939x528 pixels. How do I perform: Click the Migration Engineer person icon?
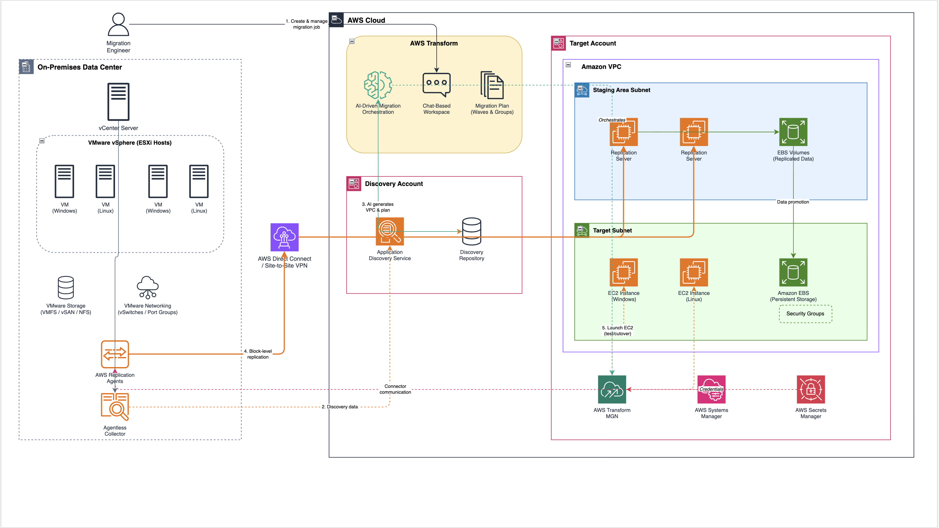119,24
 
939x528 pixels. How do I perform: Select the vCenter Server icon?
119,102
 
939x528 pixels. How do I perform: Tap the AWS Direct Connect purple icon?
284,237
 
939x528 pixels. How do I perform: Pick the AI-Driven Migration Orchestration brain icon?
378,85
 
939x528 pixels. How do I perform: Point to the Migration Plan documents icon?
492,85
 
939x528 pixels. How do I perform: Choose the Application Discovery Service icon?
390,231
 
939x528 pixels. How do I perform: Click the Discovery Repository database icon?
472,231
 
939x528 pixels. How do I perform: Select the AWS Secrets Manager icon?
811,389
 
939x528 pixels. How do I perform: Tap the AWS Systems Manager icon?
711,389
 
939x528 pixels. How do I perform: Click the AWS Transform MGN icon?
612,389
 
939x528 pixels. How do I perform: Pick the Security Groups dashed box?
805,314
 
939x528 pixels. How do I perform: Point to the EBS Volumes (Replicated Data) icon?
793,132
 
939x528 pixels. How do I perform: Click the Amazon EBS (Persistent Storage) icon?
793,272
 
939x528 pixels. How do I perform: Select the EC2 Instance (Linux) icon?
694,272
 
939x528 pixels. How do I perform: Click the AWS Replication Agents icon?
115,354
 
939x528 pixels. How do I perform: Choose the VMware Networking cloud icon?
148,287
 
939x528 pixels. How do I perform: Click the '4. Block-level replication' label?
258,354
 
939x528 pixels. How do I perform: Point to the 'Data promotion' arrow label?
793,202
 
